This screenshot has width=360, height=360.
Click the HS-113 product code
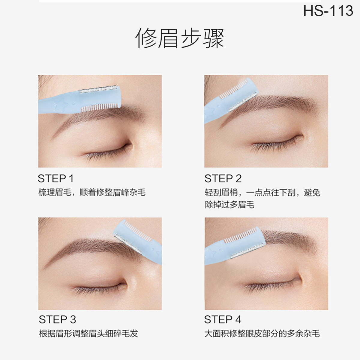click(328, 10)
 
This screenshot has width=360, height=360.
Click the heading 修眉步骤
click(180, 38)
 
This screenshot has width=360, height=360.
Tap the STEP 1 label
click(55, 178)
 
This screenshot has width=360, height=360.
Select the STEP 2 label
click(223, 178)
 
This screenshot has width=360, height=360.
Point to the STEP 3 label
click(57, 319)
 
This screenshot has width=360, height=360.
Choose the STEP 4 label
click(223, 319)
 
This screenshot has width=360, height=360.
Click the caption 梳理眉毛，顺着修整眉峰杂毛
click(92, 192)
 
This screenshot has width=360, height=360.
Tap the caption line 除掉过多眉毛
click(229, 205)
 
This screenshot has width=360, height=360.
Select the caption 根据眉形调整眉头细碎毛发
click(88, 334)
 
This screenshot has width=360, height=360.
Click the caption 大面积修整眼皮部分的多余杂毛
click(262, 334)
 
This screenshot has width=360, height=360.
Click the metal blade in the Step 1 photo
click(98, 89)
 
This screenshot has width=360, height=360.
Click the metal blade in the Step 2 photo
click(243, 102)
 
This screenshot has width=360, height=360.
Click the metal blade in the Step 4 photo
click(247, 251)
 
